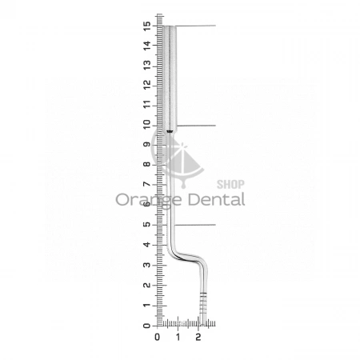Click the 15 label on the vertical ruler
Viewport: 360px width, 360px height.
point(147,26)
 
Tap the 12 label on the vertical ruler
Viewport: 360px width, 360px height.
point(147,85)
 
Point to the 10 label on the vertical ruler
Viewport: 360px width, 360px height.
point(147,125)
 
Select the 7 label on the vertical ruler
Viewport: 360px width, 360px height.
point(147,184)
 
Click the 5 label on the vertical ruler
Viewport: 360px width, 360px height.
point(147,224)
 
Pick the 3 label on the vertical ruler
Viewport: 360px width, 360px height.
point(147,265)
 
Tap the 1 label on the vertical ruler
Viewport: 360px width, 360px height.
point(147,306)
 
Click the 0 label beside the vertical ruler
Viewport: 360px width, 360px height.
point(147,326)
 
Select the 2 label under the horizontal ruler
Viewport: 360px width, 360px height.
point(198,337)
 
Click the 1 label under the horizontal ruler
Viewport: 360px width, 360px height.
point(178,337)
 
